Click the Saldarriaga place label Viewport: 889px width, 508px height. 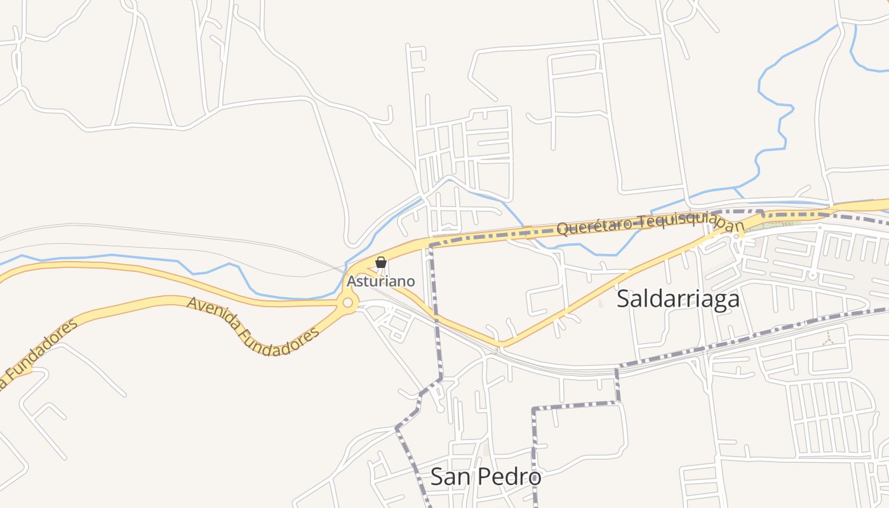678,298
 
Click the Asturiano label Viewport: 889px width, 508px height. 380,280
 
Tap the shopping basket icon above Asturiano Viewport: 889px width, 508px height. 381,262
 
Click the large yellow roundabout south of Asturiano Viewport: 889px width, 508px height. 347,303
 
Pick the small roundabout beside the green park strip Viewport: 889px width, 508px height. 737,237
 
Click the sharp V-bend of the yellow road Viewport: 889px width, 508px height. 502,344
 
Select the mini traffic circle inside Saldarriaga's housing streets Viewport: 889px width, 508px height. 812,275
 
